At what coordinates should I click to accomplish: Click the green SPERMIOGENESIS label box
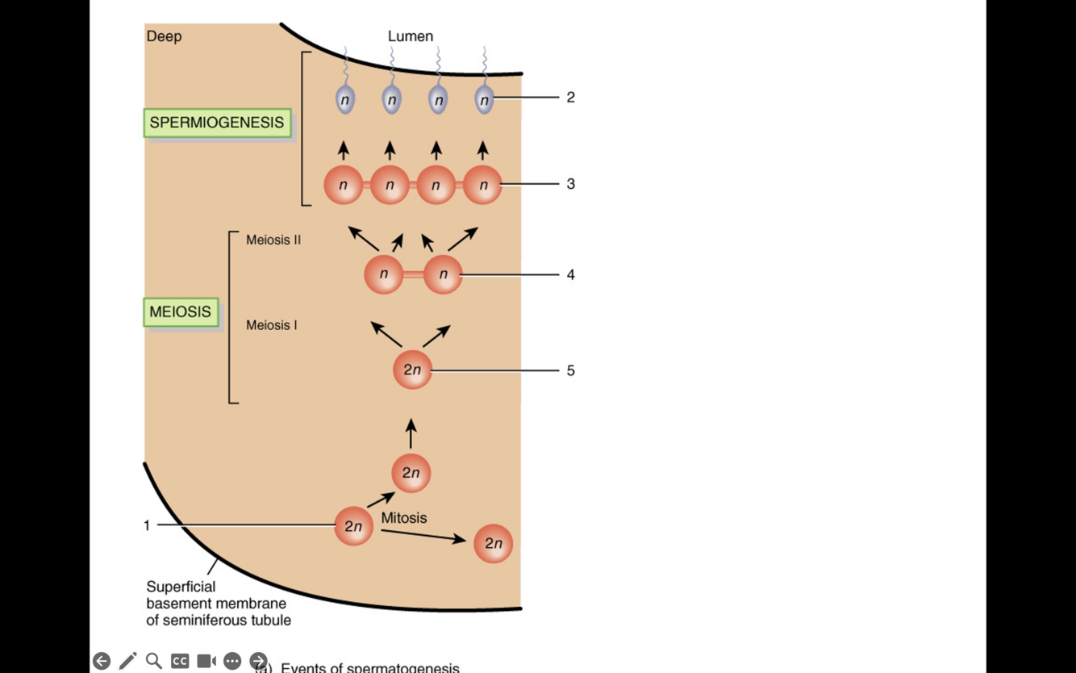[x=217, y=123]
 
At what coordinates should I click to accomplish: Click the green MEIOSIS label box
[x=181, y=311]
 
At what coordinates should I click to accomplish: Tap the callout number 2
[x=570, y=98]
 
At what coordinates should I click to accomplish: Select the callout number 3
[x=570, y=184]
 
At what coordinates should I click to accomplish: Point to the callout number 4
[x=570, y=275]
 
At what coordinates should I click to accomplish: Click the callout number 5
[x=570, y=371]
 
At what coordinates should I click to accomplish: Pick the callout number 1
[x=147, y=525]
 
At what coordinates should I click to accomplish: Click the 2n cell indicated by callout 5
[x=412, y=370]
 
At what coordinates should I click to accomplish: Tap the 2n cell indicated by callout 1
[x=353, y=526]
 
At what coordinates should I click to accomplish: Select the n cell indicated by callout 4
[x=443, y=274]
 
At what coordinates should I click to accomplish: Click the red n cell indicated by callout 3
[x=483, y=185]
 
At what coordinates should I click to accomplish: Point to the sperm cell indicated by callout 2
[x=484, y=99]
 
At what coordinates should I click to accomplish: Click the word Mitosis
[x=404, y=518]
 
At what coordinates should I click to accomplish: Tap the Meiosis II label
[x=273, y=240]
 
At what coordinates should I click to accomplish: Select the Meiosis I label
[x=271, y=325]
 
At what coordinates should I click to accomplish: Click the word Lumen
[x=411, y=36]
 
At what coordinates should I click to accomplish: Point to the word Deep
[x=164, y=36]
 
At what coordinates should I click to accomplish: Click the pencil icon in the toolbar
[x=127, y=661]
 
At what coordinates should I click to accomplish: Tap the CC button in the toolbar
[x=180, y=661]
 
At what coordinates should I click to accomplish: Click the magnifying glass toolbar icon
[x=153, y=661]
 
